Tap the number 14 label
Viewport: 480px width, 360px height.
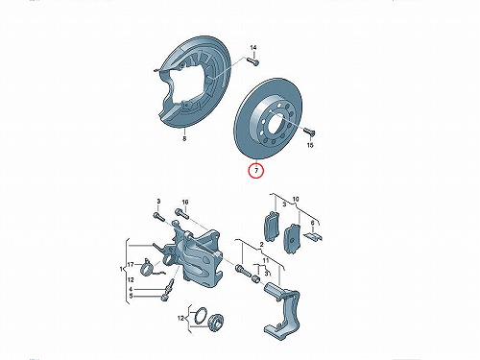click(253, 48)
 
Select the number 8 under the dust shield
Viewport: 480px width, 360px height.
click(184, 139)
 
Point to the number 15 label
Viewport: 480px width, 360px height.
click(310, 145)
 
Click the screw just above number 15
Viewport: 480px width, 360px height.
click(308, 132)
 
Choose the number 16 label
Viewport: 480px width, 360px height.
click(185, 202)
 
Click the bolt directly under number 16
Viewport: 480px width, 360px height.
click(182, 214)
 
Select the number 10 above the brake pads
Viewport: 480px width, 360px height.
click(296, 199)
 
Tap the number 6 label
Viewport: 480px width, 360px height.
click(312, 223)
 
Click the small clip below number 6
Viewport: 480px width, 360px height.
click(313, 237)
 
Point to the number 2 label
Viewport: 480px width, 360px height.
click(261, 245)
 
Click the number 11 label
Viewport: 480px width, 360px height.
click(266, 261)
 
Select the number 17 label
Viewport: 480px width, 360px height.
click(131, 265)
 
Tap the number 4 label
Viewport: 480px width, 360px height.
click(131, 289)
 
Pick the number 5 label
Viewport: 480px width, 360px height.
click(131, 297)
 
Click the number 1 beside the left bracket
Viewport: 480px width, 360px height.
click(121, 269)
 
